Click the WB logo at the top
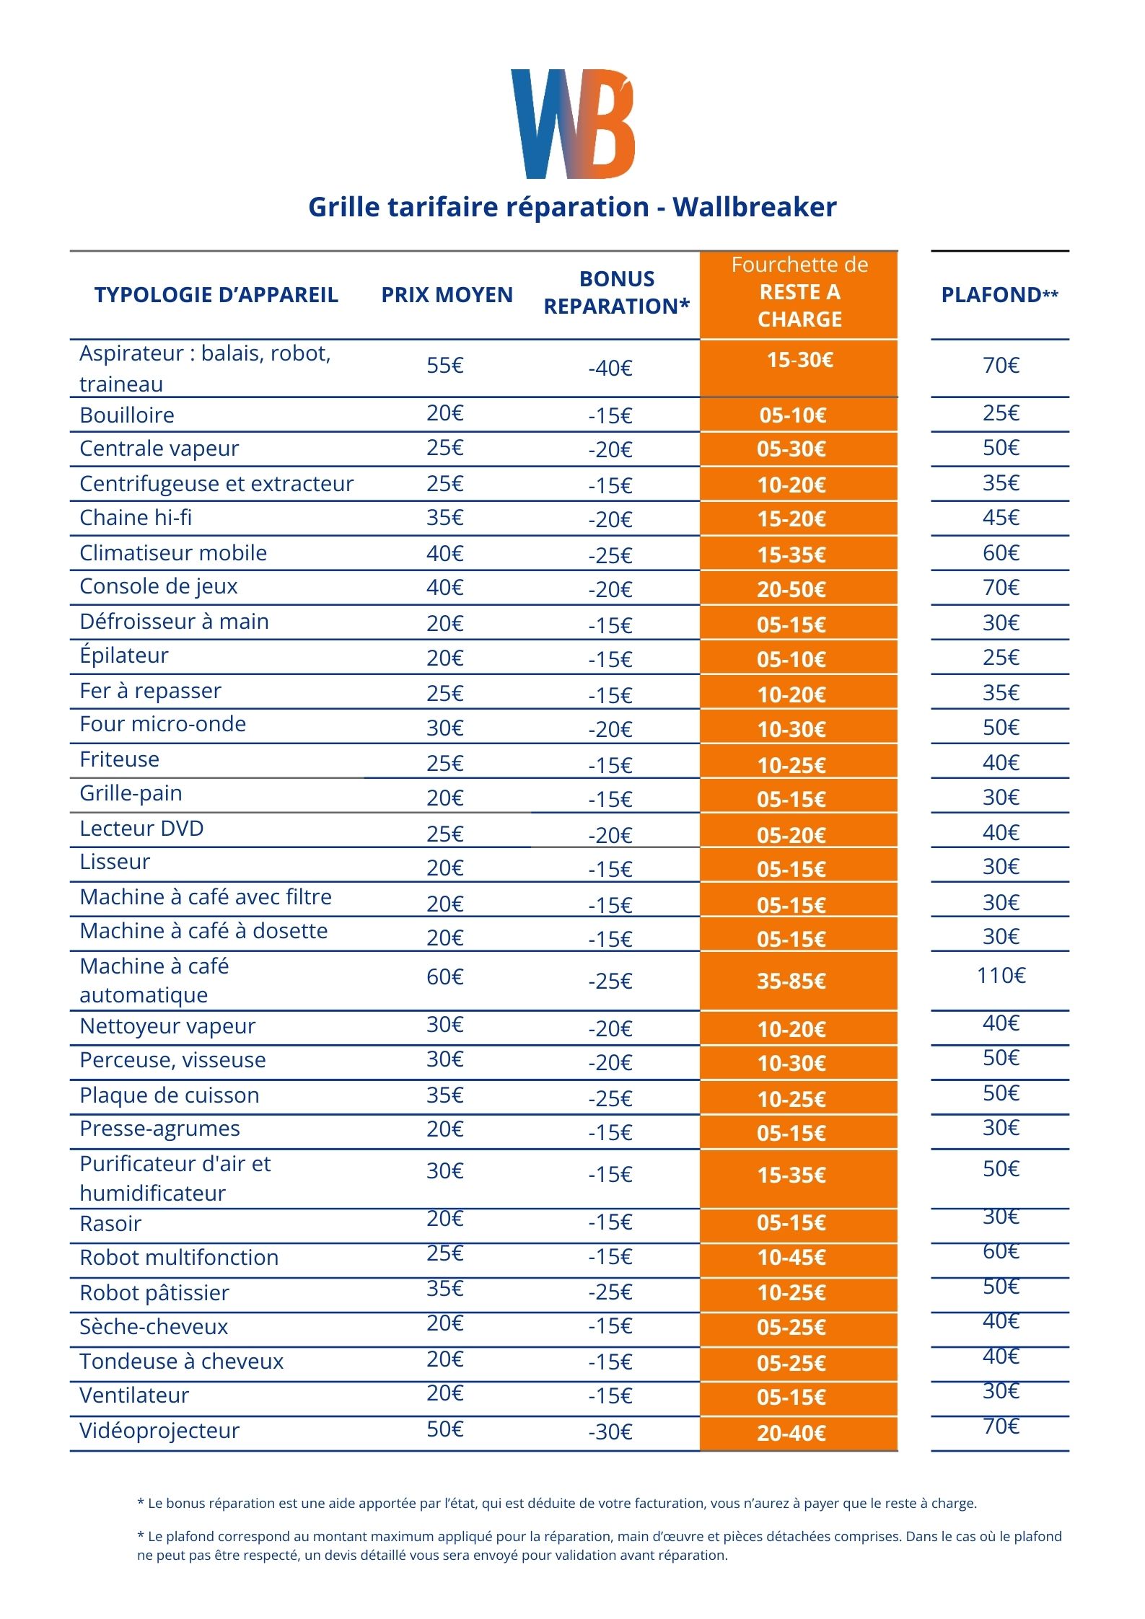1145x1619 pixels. tap(572, 124)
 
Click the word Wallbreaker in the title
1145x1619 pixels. tap(754, 207)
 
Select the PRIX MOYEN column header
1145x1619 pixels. tap(447, 295)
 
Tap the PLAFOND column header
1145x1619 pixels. tap(999, 295)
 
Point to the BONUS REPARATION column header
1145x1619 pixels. tap(616, 293)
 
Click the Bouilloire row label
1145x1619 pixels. tap(127, 415)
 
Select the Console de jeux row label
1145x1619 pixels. tap(159, 586)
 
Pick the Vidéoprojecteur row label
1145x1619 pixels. tap(159, 1430)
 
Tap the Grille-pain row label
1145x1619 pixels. tap(131, 793)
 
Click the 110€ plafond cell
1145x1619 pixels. tap(1001, 976)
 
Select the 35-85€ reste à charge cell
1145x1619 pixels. tap(791, 981)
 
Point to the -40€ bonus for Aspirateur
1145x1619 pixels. tap(610, 369)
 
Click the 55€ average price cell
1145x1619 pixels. tap(444, 366)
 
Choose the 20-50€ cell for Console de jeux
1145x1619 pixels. tap(791, 590)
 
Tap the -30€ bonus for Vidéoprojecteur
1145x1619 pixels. tap(610, 1431)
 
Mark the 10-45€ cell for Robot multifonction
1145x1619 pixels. tap(791, 1258)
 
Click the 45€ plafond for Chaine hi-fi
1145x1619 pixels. tap(1001, 518)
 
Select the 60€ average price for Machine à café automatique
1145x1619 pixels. tap(444, 977)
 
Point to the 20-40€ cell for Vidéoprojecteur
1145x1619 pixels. tap(791, 1433)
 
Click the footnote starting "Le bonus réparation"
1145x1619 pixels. tap(556, 1504)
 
